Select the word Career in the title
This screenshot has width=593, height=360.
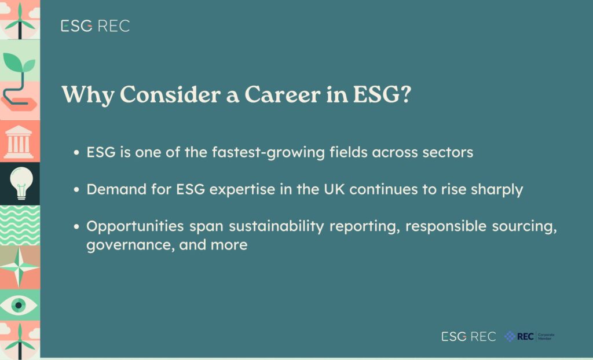point(283,94)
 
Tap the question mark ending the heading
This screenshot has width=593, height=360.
point(405,94)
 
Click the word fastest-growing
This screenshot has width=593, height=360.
point(268,153)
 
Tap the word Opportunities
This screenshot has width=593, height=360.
point(135,227)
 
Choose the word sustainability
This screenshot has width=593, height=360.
point(276,227)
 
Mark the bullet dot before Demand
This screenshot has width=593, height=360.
point(77,189)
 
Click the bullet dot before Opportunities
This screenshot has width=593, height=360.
point(77,226)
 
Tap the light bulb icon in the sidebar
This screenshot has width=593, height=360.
point(21,183)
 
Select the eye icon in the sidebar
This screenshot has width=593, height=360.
point(19,305)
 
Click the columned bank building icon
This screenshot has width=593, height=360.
point(19,142)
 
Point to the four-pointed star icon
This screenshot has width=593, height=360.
point(19,267)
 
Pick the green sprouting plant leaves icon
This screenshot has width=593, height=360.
point(19,63)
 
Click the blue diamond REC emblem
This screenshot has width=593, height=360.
point(510,336)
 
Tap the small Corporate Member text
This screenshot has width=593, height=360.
point(546,336)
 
